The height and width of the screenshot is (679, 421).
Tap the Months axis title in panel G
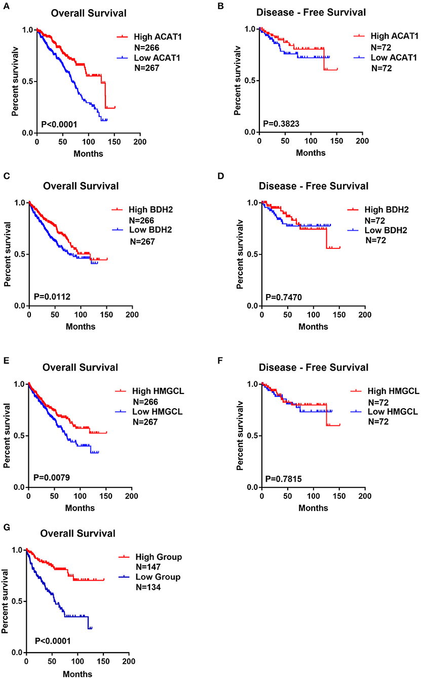[x=78, y=674]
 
